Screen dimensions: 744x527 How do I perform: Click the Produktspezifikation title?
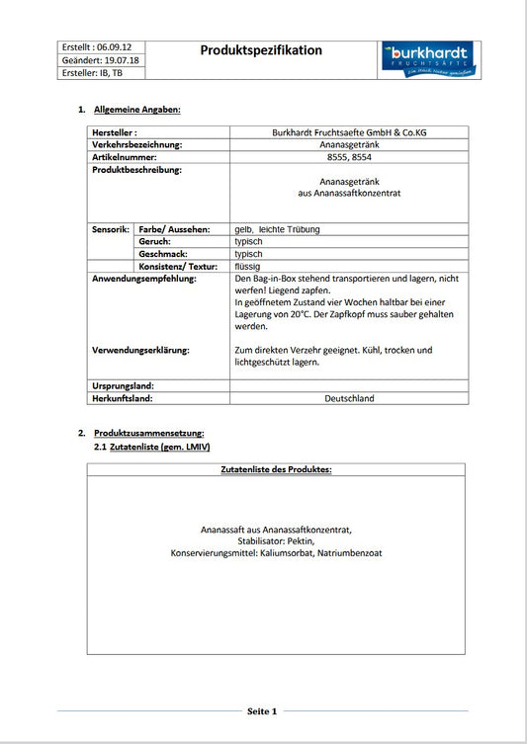pyautogui.click(x=261, y=50)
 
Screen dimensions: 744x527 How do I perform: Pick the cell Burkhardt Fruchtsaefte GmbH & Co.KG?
pyautogui.click(x=348, y=132)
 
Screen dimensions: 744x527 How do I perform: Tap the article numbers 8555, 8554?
pyautogui.click(x=348, y=157)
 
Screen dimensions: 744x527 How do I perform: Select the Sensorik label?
pyautogui.click(x=110, y=229)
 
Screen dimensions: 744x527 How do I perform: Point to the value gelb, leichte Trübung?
pyautogui.click(x=277, y=229)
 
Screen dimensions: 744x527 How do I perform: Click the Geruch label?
pyautogui.click(x=155, y=241)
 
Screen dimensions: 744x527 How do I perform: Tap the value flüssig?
pyautogui.click(x=248, y=266)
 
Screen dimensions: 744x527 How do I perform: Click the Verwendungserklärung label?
pyautogui.click(x=140, y=350)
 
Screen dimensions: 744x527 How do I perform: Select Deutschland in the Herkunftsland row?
pyautogui.click(x=349, y=398)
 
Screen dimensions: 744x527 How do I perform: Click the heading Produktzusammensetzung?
pyautogui.click(x=148, y=434)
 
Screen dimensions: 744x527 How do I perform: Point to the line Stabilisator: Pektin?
pyautogui.click(x=276, y=541)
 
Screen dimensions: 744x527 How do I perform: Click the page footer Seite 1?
pyautogui.click(x=262, y=710)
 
